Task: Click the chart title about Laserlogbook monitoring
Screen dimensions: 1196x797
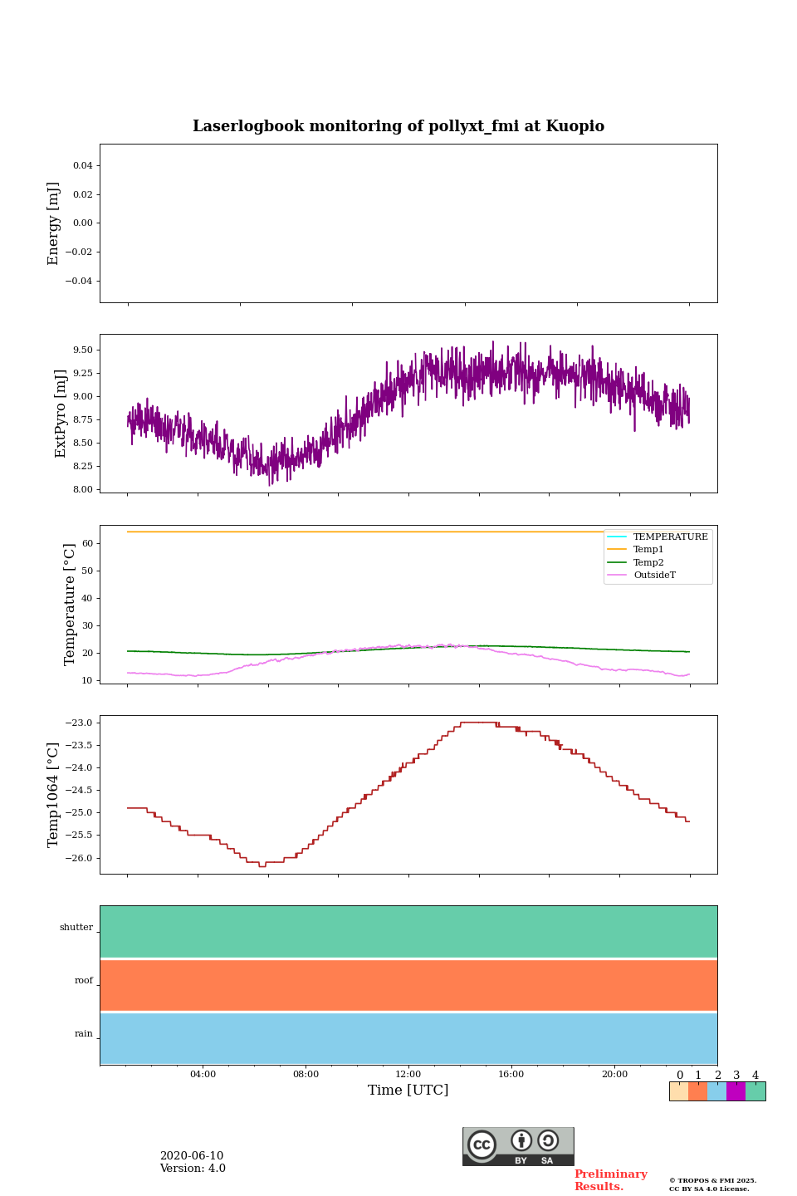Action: [x=398, y=126]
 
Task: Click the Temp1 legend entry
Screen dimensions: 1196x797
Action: [x=648, y=550]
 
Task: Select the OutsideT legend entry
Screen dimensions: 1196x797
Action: [x=654, y=576]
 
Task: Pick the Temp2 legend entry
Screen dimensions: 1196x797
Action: [x=648, y=563]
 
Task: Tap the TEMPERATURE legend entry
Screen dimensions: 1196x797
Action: [x=670, y=537]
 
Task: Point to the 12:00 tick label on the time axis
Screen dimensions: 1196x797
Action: [x=408, y=1075]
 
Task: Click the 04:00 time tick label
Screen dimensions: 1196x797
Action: [x=203, y=1075]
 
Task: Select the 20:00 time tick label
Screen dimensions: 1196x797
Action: [x=614, y=1075]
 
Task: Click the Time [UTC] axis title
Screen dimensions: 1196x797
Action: [x=408, y=1091]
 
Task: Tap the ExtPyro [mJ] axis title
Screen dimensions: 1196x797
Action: [x=61, y=414]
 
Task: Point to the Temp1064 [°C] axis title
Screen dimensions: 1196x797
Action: [x=54, y=795]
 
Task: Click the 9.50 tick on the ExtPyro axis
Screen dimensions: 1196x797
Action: [x=82, y=350]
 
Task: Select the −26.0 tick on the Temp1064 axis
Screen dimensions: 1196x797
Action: [x=80, y=858]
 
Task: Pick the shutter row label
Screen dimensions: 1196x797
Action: [x=76, y=928]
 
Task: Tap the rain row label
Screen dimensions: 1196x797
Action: [x=84, y=1034]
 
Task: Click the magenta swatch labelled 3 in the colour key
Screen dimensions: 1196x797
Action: [x=736, y=1091]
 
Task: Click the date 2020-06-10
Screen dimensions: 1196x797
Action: [x=192, y=1156]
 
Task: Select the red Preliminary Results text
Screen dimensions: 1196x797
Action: [x=610, y=1180]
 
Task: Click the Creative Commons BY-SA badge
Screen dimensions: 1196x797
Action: [x=518, y=1146]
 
